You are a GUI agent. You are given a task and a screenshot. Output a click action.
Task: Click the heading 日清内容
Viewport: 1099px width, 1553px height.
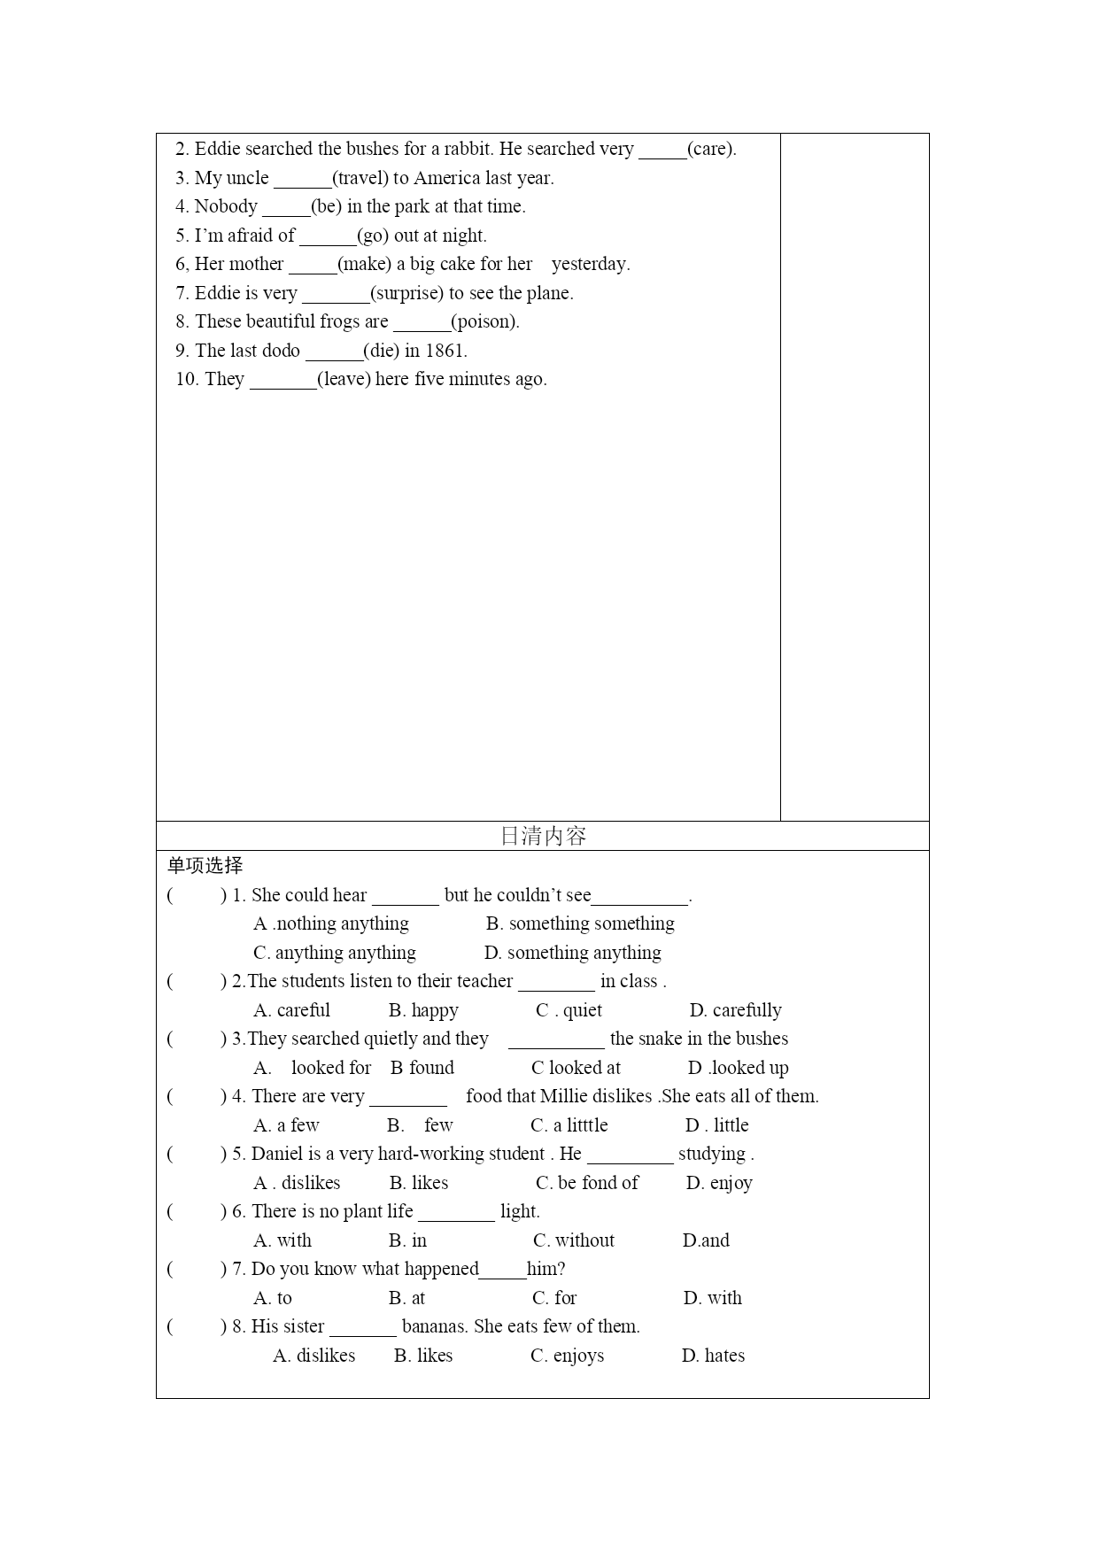click(x=543, y=836)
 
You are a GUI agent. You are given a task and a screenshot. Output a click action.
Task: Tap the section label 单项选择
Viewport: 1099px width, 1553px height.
click(x=205, y=866)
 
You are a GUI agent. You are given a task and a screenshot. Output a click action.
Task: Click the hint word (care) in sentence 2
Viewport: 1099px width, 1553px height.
click(x=711, y=149)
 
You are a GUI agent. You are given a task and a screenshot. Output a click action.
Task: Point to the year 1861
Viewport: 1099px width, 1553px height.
click(x=445, y=351)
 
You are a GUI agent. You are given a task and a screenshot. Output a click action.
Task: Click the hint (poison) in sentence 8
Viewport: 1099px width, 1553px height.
click(x=484, y=321)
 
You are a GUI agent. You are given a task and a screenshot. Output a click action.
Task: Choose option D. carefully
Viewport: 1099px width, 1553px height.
click(x=735, y=1010)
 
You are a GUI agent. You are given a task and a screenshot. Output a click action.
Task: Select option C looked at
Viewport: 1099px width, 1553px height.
click(x=576, y=1068)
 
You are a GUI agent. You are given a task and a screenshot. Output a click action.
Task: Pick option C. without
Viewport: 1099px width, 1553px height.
click(x=574, y=1240)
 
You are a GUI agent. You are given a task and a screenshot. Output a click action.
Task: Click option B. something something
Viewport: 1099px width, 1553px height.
click(x=580, y=923)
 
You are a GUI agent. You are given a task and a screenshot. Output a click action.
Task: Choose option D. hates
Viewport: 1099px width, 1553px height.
click(x=713, y=1356)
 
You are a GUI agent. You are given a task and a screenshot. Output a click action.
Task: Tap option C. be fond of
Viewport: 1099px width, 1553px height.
click(x=587, y=1183)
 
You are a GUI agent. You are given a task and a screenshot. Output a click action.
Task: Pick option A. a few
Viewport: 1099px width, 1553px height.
click(x=286, y=1125)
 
